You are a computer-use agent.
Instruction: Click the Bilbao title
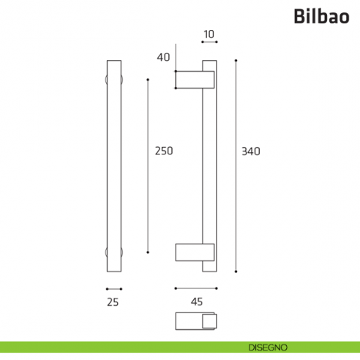click(x=321, y=15)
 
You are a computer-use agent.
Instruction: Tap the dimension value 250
click(x=164, y=151)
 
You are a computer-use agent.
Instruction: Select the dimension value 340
click(x=251, y=151)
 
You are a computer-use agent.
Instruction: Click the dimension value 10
click(x=209, y=34)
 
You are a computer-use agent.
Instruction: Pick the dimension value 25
click(x=112, y=301)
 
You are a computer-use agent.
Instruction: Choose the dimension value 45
click(x=196, y=301)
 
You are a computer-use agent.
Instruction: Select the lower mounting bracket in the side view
click(x=195, y=252)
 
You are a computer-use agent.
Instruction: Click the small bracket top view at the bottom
click(x=196, y=321)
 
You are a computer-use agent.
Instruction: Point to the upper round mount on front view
click(x=113, y=79)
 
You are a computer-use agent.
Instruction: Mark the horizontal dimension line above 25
click(x=113, y=288)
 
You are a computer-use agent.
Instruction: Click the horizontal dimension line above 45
click(x=196, y=288)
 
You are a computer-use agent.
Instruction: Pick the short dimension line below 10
click(x=209, y=43)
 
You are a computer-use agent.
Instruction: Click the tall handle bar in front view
click(x=113, y=165)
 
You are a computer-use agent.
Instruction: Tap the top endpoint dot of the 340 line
click(x=236, y=61)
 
